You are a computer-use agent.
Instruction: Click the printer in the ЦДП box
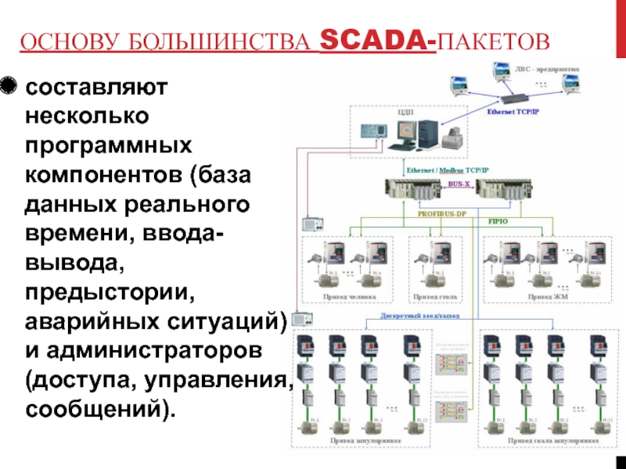[x=452, y=140]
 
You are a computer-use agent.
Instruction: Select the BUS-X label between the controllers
[x=459, y=184]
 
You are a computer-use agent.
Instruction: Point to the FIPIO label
[x=499, y=221]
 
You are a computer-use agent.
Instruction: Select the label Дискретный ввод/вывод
[x=419, y=317]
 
